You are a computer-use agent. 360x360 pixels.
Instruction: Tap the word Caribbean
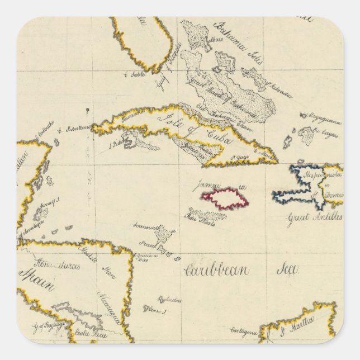(x=217, y=270)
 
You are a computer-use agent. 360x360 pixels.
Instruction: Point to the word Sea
(x=286, y=269)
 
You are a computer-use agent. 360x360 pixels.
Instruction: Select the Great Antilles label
(x=314, y=217)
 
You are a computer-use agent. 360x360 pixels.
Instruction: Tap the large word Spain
(x=37, y=280)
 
